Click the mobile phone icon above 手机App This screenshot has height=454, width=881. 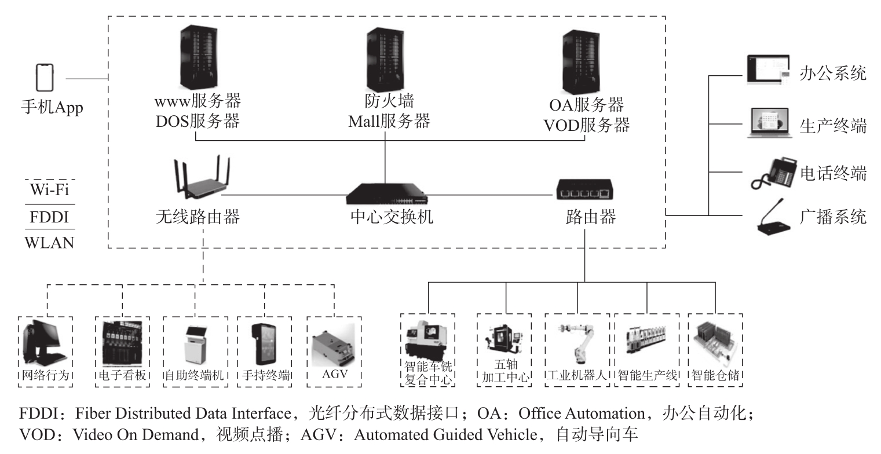pos(45,77)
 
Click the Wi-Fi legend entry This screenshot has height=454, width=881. pos(50,189)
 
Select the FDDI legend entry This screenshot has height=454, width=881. pos(50,217)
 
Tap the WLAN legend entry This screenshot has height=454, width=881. pos(50,242)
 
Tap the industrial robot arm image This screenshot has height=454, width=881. pos(576,345)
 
